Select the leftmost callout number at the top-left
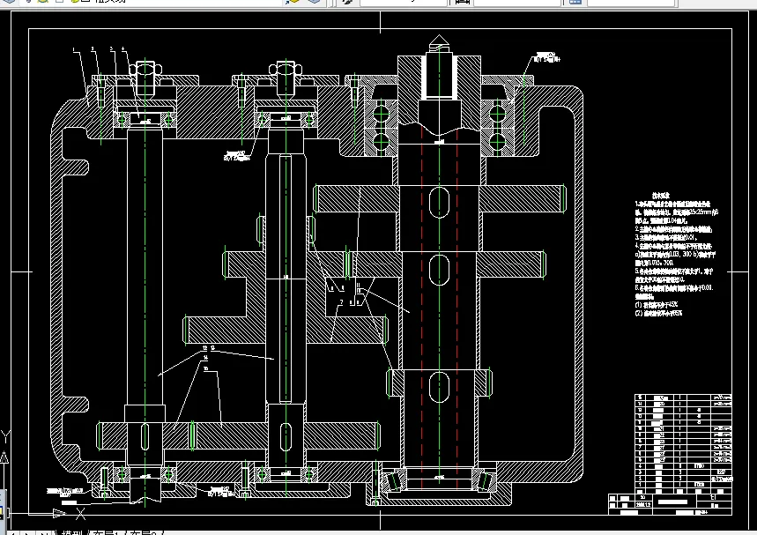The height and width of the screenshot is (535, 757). tap(75, 49)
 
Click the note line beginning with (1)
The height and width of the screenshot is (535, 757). tap(657, 304)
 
